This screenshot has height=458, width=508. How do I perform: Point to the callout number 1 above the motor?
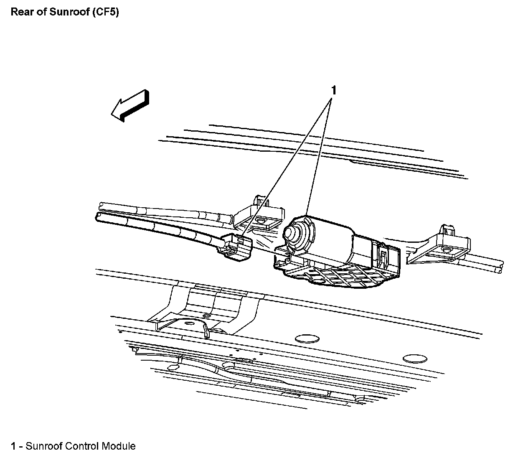[x=334, y=90]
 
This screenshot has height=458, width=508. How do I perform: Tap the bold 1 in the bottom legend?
[x=14, y=446]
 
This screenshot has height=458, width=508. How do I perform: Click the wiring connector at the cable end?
[x=236, y=248]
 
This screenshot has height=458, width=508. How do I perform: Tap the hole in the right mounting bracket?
[x=446, y=251]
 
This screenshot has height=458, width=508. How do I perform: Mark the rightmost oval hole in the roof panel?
[x=414, y=358]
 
